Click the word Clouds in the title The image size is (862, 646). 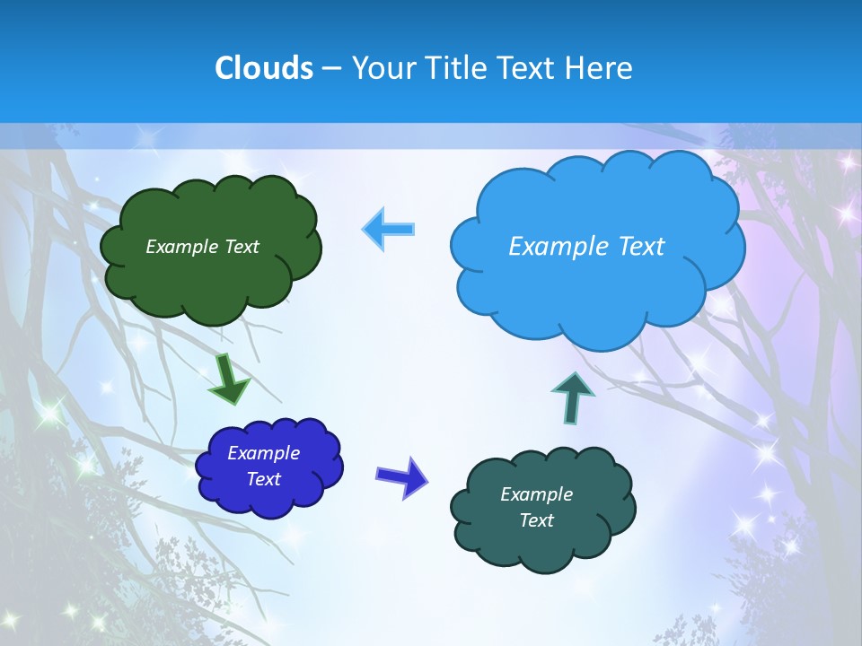(263, 67)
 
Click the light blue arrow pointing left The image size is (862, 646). (389, 229)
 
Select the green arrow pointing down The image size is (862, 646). (229, 379)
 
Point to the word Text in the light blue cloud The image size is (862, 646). (640, 246)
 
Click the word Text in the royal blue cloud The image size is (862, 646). (264, 479)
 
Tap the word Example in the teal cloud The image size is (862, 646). (536, 494)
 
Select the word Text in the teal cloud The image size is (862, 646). (536, 520)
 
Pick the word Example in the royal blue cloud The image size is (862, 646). (263, 453)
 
